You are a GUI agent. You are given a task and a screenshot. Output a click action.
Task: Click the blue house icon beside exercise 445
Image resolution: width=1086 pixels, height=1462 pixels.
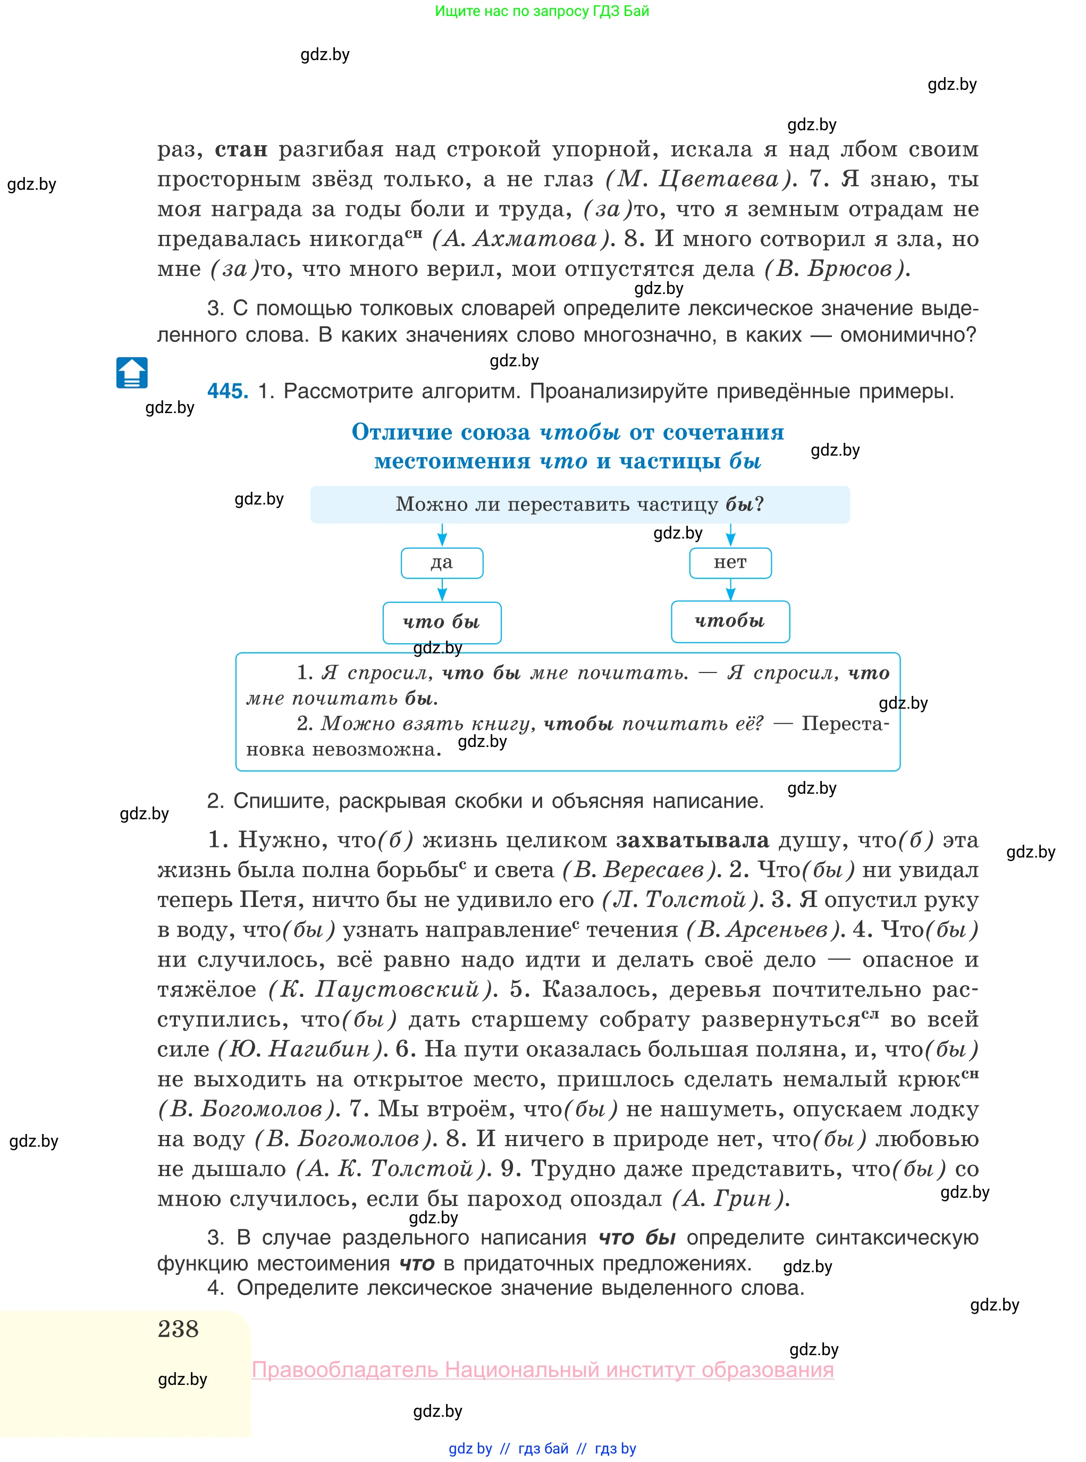point(131,373)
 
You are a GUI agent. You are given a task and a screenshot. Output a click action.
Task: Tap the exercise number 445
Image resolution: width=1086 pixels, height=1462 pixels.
point(228,391)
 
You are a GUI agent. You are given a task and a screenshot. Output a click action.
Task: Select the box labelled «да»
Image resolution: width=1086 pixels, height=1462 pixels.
point(442,562)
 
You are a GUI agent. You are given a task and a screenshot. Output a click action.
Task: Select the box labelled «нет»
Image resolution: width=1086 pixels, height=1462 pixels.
point(730,562)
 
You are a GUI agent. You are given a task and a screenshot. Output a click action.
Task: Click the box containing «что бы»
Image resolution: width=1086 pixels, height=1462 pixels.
point(442,622)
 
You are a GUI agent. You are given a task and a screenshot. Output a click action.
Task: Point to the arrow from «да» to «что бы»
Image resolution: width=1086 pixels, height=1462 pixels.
point(442,590)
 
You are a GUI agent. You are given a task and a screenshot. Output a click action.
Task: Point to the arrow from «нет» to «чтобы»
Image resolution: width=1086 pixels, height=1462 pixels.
point(730,589)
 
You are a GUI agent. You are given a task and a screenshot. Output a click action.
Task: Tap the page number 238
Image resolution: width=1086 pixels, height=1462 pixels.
point(178,1329)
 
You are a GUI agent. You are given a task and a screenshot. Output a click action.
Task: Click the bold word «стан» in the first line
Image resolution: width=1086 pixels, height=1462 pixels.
point(241,150)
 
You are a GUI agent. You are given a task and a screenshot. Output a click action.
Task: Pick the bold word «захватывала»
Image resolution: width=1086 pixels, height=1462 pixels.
point(692,840)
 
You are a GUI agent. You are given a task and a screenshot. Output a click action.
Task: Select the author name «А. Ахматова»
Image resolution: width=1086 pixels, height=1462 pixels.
point(523,239)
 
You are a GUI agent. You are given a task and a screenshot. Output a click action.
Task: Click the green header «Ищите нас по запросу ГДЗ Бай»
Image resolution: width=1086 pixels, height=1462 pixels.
point(542,11)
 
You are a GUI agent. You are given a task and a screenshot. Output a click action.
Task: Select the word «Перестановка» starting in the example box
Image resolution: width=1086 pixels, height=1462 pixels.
point(845,724)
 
